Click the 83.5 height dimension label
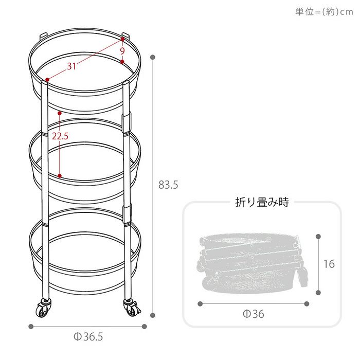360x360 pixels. [x=168, y=185]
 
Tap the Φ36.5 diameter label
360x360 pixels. [x=88, y=337]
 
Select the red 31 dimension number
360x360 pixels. [x=71, y=66]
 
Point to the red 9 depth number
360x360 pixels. [x=122, y=51]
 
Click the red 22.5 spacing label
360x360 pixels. [x=60, y=136]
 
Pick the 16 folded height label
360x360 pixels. [x=329, y=264]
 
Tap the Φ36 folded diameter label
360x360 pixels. [x=254, y=314]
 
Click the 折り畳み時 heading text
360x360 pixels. [x=262, y=202]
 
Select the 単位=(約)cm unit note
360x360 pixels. [x=324, y=11]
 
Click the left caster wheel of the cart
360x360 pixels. [x=43, y=308]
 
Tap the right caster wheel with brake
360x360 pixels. [x=132, y=307]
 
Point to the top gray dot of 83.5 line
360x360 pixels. [x=153, y=57]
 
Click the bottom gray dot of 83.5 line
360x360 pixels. [x=153, y=315]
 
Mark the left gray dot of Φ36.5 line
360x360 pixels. [x=31, y=327]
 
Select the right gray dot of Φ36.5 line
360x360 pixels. [x=144, y=327]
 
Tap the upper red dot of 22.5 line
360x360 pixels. [x=60, y=113]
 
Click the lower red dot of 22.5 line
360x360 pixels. [x=60, y=176]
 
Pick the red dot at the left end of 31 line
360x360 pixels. [x=47, y=80]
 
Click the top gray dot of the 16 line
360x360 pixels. [x=318, y=237]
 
